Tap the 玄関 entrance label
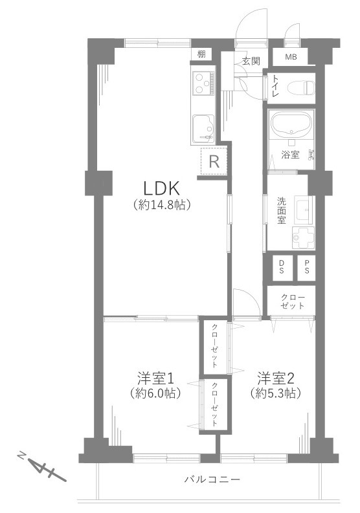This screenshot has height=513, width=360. tap(251, 61)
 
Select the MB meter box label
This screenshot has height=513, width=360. tap(291, 57)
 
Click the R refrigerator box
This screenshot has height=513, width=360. tap(214, 161)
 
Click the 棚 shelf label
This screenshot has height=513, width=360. tap(201, 54)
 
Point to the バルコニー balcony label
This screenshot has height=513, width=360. tap(212, 480)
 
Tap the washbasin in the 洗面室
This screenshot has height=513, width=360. tap(303, 210)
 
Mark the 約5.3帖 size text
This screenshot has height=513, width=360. tap(275, 393)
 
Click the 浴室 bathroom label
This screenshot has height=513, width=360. tap(289, 154)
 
